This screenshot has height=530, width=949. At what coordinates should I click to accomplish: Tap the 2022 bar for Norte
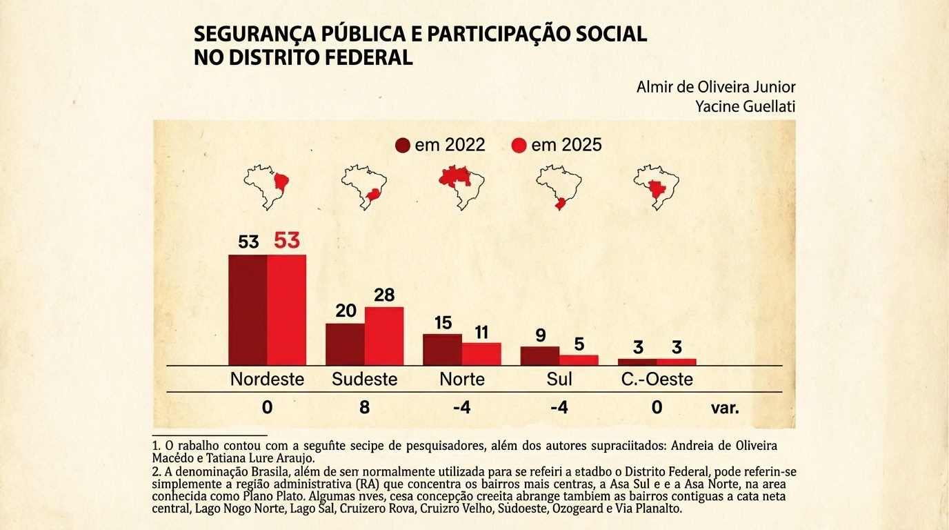[x=442, y=349]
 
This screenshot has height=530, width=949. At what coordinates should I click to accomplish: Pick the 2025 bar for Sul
[x=579, y=360]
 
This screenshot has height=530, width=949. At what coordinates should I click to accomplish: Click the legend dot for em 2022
[x=403, y=146]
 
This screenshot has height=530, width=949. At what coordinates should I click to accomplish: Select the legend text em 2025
[x=566, y=146]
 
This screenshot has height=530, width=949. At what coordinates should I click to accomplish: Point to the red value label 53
[x=287, y=240]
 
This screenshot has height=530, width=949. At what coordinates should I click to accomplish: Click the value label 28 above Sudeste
[x=384, y=295]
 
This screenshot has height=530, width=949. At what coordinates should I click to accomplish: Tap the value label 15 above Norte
[x=443, y=322]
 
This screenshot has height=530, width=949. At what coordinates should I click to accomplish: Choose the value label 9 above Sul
[x=540, y=335]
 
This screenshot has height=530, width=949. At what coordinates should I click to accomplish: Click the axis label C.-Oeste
[x=657, y=380]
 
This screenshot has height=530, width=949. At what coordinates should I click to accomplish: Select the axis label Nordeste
[x=267, y=380]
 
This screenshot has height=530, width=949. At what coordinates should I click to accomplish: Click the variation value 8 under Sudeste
[x=365, y=408]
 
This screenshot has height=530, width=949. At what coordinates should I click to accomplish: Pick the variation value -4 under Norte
[x=461, y=408]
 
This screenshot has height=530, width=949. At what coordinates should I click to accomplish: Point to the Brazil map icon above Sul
[x=559, y=186]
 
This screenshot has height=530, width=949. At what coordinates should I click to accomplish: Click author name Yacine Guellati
[x=747, y=106]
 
